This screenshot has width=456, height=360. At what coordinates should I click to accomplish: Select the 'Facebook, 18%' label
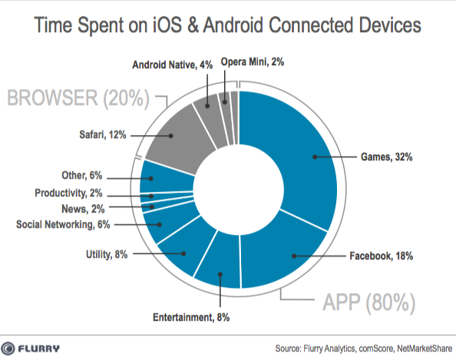coord(380,256)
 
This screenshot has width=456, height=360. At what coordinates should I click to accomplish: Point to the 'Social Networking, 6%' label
coord(64,224)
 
